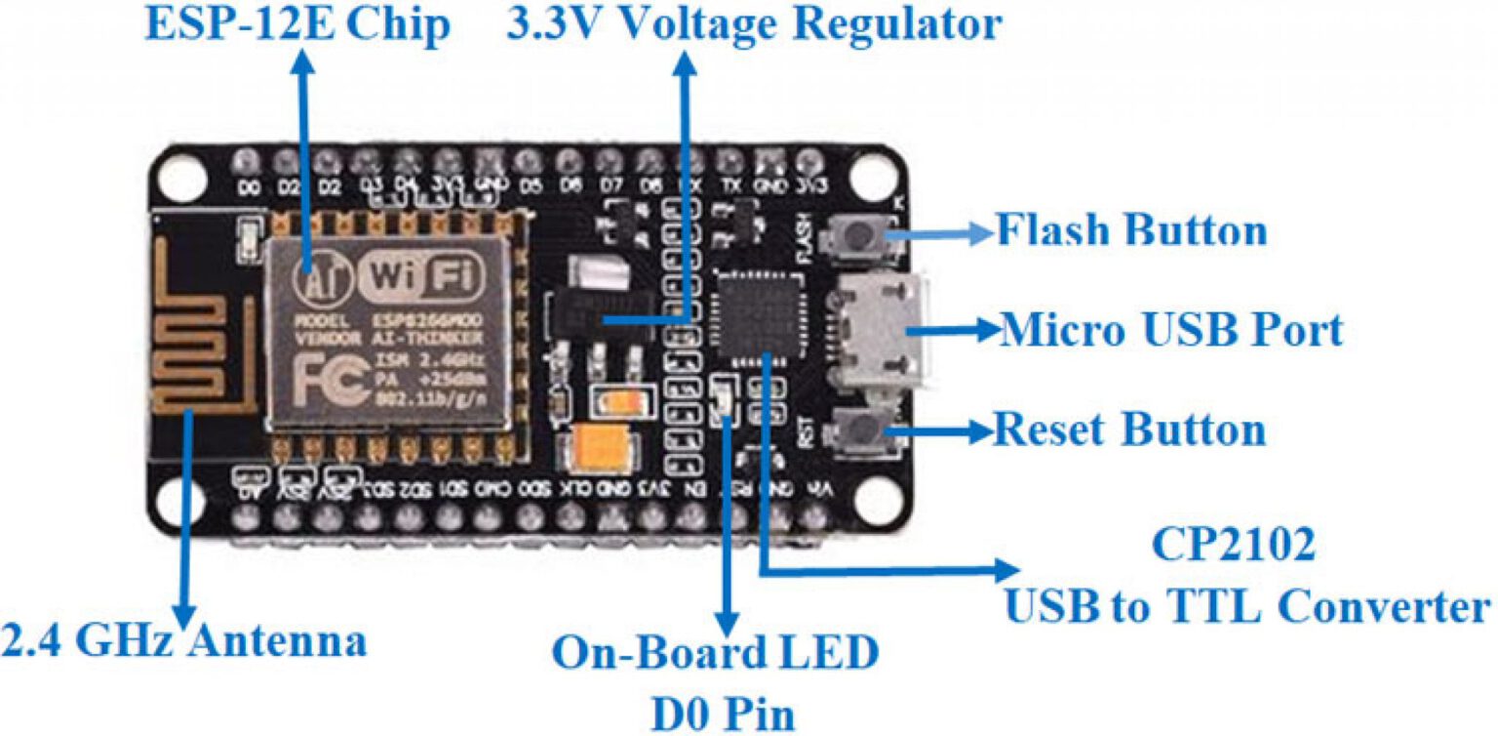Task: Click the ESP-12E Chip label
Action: [x=297, y=25]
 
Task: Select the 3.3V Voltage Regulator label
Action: [x=753, y=25]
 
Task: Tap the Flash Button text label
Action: [x=1130, y=231]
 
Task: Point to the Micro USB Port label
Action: [x=1171, y=331]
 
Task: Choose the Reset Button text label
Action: [x=1128, y=429]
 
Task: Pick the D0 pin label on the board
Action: [x=250, y=187]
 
